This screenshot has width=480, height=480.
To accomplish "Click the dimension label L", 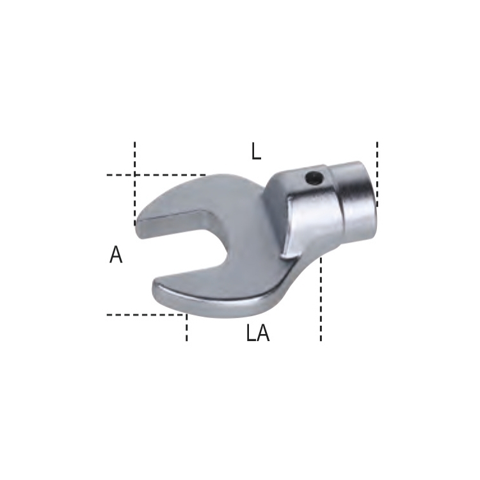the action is pos(256,152).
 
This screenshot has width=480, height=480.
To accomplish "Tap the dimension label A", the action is pos(116,255).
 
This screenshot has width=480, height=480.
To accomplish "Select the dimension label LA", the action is pos(258,333).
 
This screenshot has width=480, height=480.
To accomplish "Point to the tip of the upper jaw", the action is pos(138,223).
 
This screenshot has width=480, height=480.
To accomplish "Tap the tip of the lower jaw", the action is pos(155,288).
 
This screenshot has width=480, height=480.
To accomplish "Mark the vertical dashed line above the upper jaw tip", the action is pos(134,184).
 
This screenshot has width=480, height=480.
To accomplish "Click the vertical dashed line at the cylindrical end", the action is pos(377,175).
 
